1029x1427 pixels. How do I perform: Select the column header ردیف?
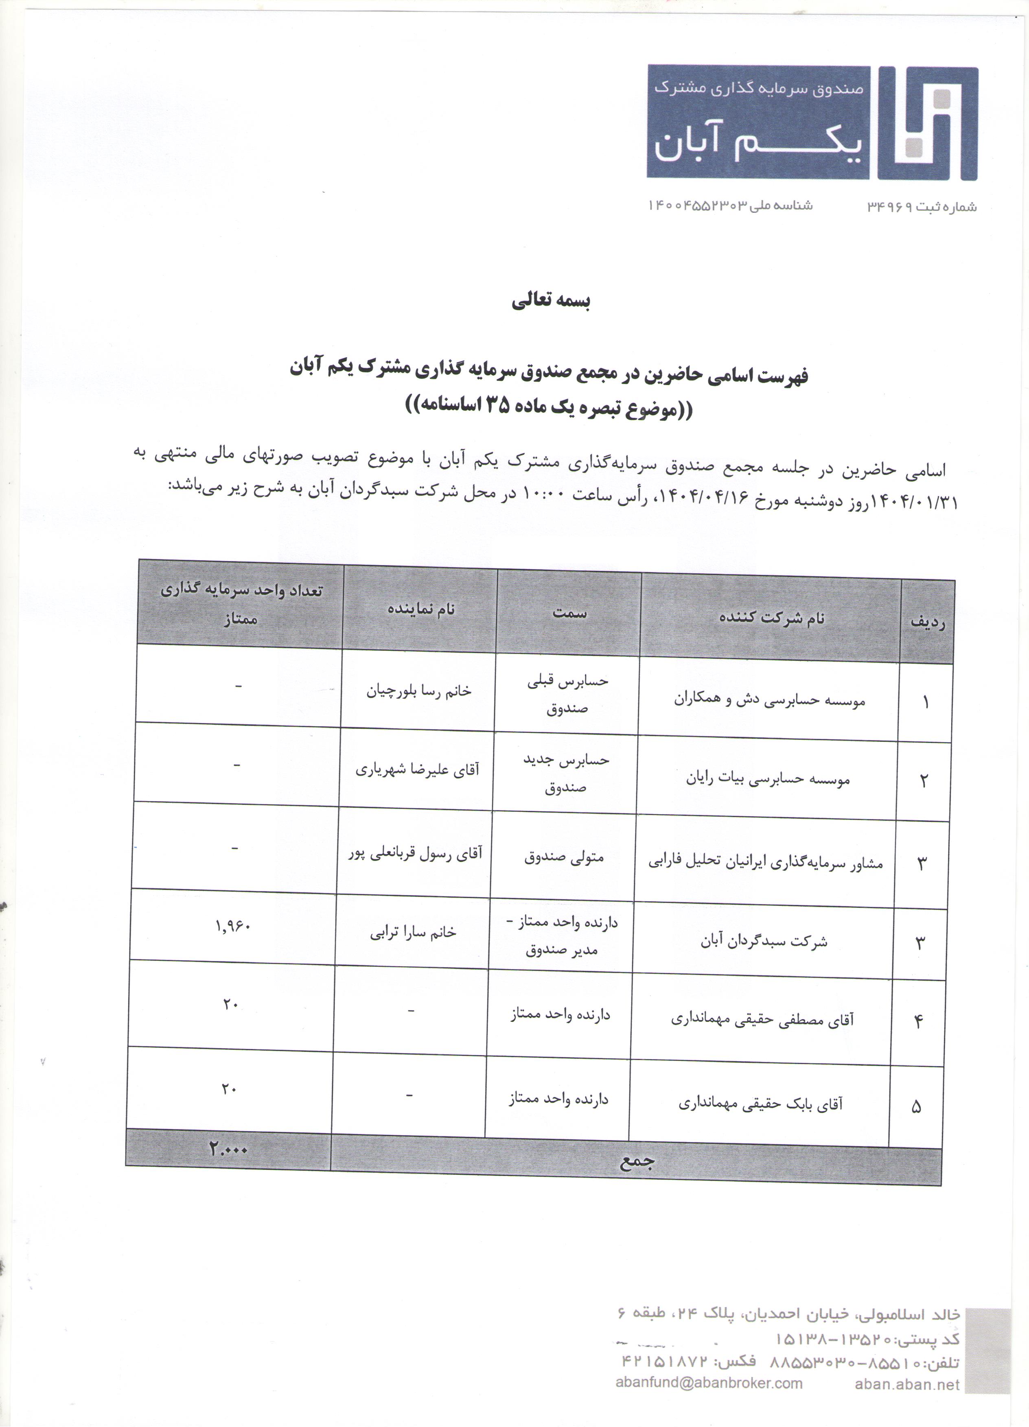[x=928, y=622]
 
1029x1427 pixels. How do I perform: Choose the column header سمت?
[x=569, y=612]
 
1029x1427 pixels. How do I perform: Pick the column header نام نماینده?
[x=420, y=609]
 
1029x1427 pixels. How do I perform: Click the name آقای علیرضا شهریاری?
[x=417, y=769]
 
